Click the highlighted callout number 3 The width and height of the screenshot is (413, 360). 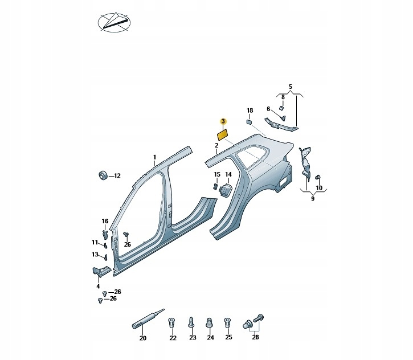coord(223,121)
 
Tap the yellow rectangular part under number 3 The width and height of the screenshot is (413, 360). coord(222,135)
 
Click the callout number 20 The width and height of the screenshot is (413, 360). coord(142,338)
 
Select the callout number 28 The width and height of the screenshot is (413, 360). coord(255,338)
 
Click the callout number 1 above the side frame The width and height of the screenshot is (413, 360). coord(154,157)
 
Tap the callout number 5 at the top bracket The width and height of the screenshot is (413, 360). coord(290,87)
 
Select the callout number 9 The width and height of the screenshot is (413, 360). coord(313,199)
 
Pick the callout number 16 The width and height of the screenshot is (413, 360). coord(105,221)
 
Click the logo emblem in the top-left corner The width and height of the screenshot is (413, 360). coord(113,22)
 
